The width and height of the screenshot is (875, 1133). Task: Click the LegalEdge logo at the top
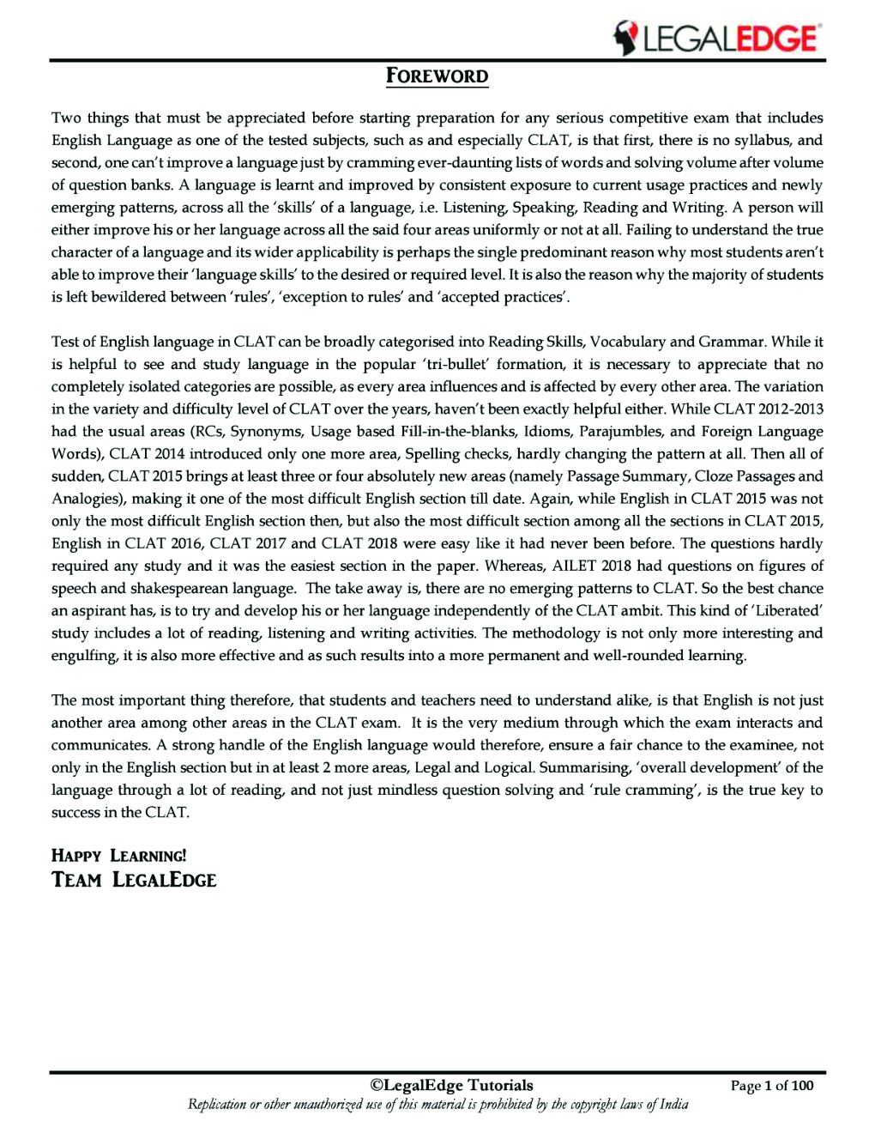coord(716,39)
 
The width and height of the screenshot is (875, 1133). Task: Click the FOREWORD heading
coord(437,76)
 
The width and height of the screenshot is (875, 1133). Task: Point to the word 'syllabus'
coord(760,140)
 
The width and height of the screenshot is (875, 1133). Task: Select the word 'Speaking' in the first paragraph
coord(544,207)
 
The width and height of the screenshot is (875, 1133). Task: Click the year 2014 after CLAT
coord(170,453)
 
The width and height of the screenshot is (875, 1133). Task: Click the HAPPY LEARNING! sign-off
coord(118,856)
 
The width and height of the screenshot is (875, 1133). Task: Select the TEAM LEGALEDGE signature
coord(134,880)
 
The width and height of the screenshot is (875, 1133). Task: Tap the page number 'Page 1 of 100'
coord(771,1086)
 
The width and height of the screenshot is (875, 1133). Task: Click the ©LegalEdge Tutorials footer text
coord(451,1086)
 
